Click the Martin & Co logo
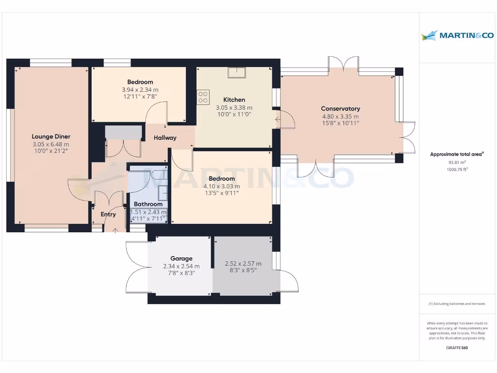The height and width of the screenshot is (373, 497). (457, 35)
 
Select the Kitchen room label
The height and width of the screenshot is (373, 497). (234, 100)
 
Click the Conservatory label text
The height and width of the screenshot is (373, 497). (340, 109)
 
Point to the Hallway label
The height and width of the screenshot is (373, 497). (165, 138)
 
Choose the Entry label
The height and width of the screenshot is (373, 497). (108, 214)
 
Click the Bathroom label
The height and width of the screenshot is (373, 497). (148, 204)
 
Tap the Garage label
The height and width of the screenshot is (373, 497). (181, 258)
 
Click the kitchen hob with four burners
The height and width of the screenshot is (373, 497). (203, 96)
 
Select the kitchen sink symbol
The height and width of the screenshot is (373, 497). (237, 72)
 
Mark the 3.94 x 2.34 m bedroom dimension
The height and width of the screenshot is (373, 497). (140, 90)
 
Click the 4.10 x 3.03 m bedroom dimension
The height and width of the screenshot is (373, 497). (221, 186)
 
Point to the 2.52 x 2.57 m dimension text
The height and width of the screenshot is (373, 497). (243, 264)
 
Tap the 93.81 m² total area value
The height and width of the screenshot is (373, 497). (456, 163)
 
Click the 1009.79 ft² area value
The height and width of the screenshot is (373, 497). (456, 170)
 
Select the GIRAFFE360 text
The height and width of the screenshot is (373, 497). (457, 348)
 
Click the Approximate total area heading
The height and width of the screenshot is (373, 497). (457, 154)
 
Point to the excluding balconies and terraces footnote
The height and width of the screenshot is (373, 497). (456, 304)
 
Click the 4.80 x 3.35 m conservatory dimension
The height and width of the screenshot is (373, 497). (340, 117)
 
